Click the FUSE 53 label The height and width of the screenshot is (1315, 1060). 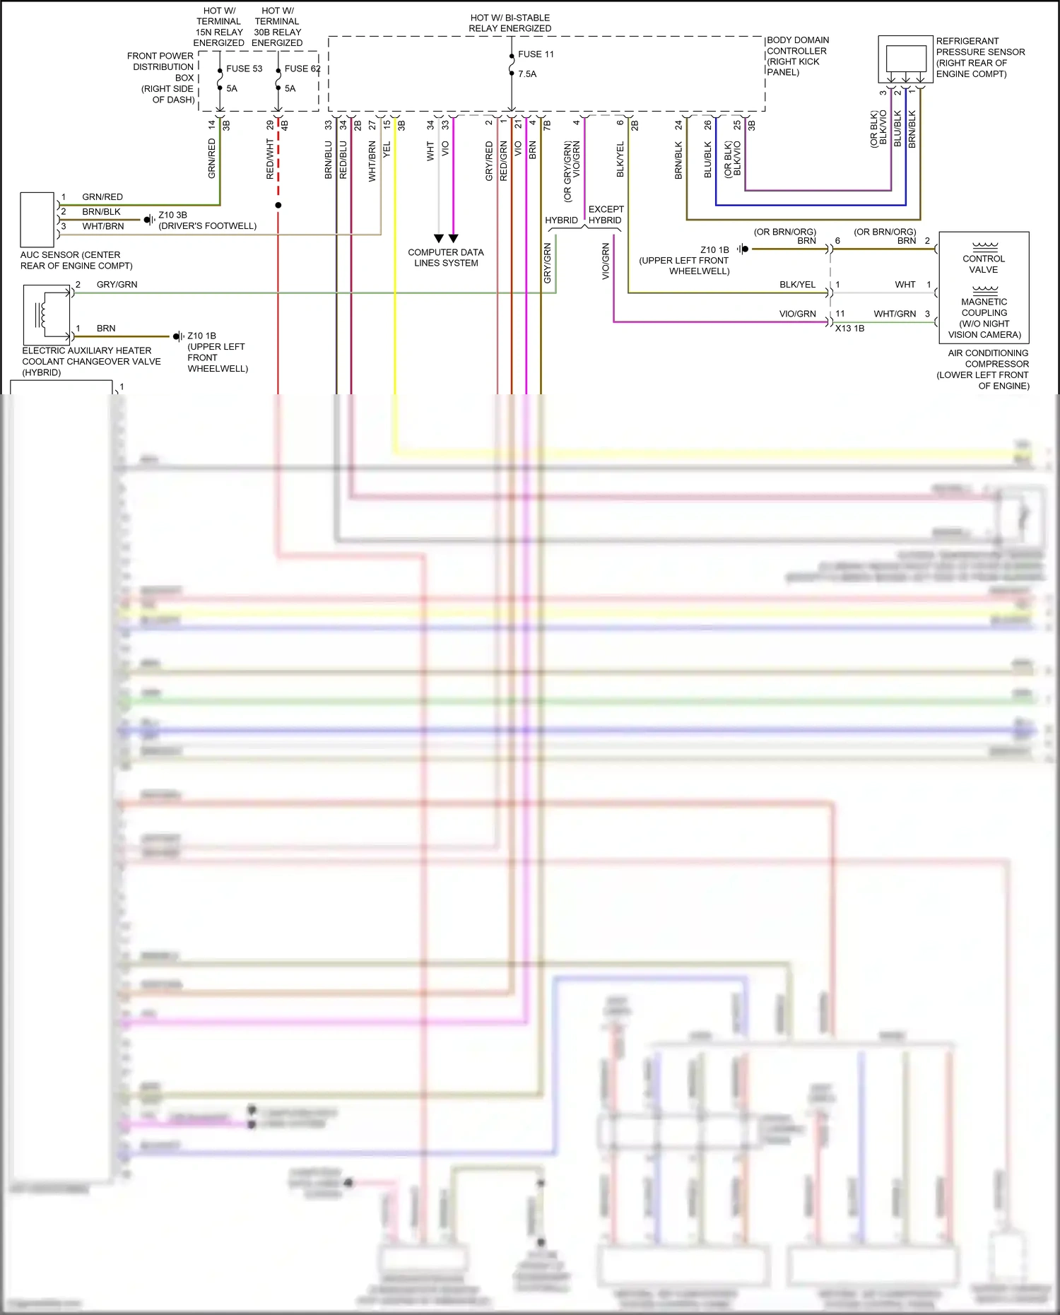244,69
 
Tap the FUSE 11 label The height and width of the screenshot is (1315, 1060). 536,54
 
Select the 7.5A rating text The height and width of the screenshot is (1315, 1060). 527,73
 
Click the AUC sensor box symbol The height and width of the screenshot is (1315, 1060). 37,219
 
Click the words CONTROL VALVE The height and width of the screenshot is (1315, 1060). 984,264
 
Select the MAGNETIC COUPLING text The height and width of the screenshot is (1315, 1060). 984,307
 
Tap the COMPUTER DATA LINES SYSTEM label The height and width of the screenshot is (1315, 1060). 446,257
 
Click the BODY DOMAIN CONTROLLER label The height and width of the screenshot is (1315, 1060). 798,56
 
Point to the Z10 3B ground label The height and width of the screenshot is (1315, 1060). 172,215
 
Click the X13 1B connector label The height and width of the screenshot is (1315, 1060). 849,329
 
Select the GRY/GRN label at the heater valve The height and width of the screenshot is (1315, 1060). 117,285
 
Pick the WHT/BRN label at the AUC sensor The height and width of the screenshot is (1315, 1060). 103,226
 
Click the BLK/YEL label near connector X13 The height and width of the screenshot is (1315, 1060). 797,285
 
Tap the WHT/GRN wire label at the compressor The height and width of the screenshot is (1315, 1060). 895,314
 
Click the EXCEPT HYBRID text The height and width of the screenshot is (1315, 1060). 606,215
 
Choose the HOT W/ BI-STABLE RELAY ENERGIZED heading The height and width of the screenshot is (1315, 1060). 510,23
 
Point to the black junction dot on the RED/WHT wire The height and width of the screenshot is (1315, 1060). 278,205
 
